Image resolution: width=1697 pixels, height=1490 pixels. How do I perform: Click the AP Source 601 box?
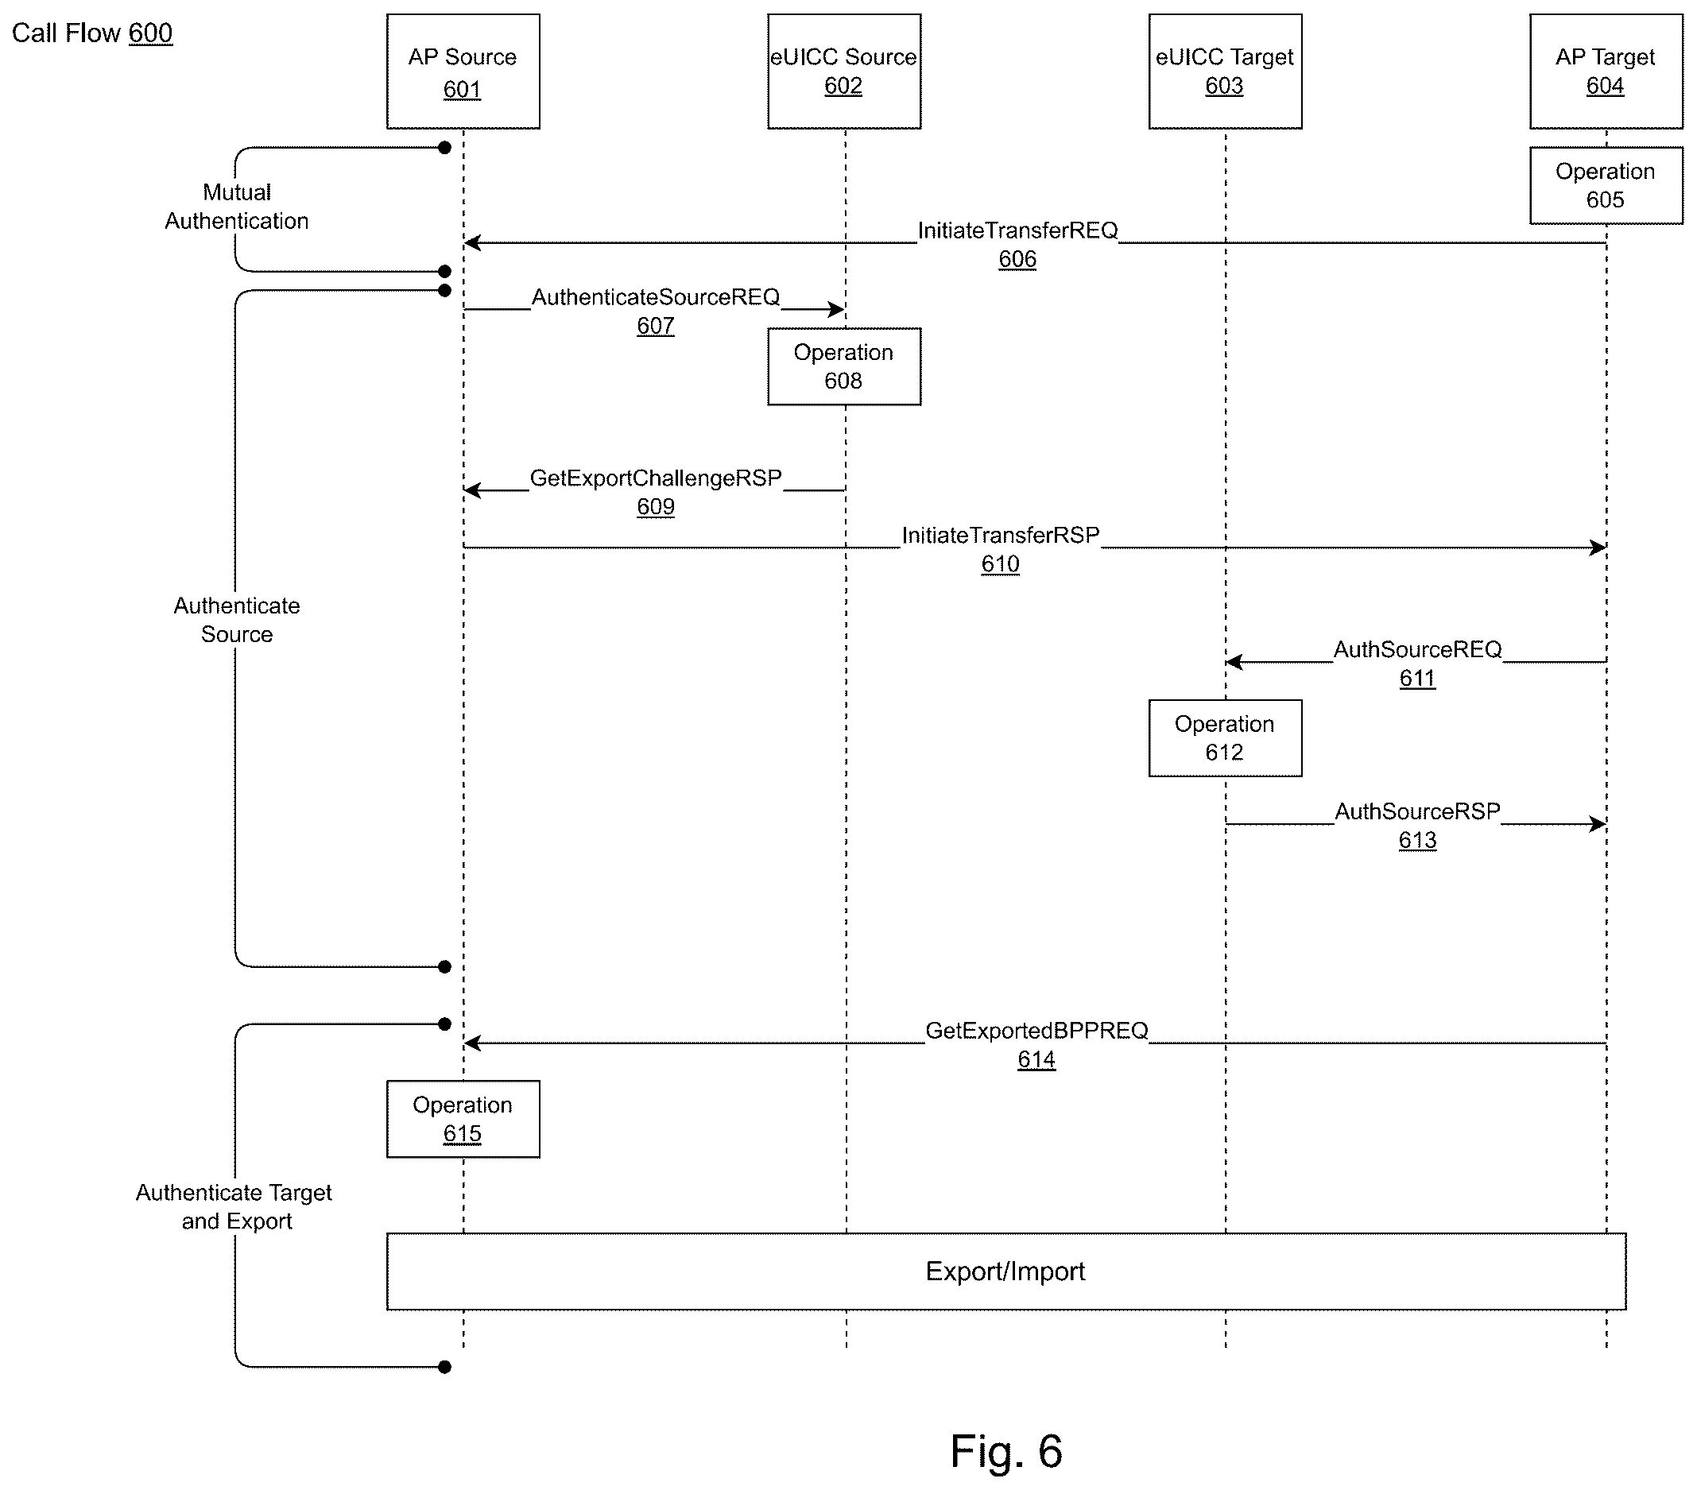click(x=463, y=72)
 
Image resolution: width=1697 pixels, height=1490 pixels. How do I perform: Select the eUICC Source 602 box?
click(x=843, y=72)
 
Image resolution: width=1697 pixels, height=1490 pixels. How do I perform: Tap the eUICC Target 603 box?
click(x=1225, y=72)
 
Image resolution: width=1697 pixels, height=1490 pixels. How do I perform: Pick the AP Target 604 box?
click(x=1606, y=72)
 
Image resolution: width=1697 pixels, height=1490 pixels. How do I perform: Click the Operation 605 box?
click(x=1606, y=185)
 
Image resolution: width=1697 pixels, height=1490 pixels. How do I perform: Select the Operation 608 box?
click(x=843, y=366)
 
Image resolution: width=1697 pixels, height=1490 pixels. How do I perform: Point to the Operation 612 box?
click(x=1225, y=738)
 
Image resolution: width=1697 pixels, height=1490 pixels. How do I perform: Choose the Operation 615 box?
click(x=463, y=1119)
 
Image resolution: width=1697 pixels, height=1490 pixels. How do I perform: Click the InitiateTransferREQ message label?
click(x=1018, y=230)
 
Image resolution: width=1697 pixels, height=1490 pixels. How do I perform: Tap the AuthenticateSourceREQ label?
click(x=656, y=297)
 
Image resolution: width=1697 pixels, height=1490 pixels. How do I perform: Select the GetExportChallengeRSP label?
click(x=656, y=478)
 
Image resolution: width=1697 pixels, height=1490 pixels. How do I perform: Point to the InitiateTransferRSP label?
click(x=1001, y=536)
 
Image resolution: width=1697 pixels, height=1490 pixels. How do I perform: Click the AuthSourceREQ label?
click(x=1417, y=649)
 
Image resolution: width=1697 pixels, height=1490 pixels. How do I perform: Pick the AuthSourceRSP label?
click(x=1417, y=811)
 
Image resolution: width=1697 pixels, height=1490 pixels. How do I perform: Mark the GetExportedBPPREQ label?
click(x=1036, y=1030)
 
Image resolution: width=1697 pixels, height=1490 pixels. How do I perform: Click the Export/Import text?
click(x=1005, y=1271)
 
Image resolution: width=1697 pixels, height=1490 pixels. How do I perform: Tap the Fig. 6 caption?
click(x=1006, y=1451)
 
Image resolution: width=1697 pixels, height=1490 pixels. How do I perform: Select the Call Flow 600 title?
click(x=92, y=33)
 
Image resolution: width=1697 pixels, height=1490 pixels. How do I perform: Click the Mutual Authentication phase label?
click(x=237, y=207)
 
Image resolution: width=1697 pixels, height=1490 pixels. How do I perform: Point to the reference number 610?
click(x=1001, y=564)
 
